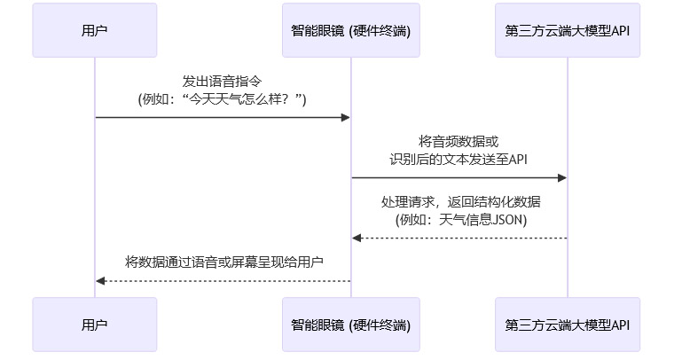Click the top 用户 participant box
pos(95,30)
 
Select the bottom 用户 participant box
pos(95,325)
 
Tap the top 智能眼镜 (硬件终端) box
pos(350,30)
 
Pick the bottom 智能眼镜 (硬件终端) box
pos(350,325)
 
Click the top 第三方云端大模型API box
pos(568,30)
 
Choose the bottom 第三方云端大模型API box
pos(568,325)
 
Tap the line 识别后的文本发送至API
pos(458,160)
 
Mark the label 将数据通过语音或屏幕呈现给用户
pos(223,262)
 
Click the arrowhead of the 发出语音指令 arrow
pos(346,117)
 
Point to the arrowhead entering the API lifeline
pos(562,178)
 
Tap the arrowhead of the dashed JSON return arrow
pos(357,238)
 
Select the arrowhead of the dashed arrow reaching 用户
pos(101,281)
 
